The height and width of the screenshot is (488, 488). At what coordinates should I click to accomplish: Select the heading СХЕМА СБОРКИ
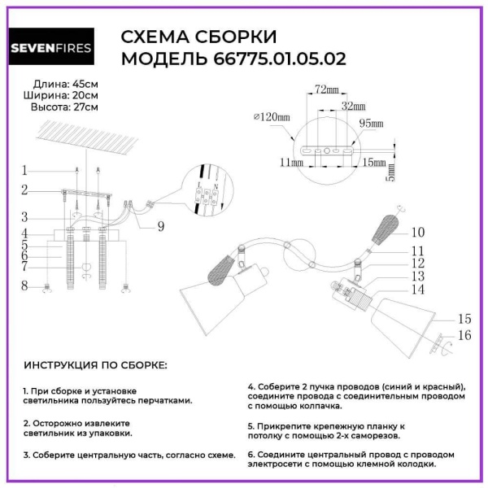pyautogui.click(x=198, y=37)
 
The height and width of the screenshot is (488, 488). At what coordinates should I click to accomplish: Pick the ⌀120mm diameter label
pyautogui.click(x=272, y=118)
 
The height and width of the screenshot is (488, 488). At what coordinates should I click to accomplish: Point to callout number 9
pyautogui.click(x=160, y=227)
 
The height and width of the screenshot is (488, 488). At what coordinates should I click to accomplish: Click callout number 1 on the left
pyautogui.click(x=25, y=171)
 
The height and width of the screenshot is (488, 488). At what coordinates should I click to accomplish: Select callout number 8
pyautogui.click(x=25, y=285)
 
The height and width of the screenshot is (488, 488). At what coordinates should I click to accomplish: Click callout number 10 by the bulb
pyautogui.click(x=418, y=232)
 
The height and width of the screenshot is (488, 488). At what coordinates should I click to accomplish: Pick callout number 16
pyautogui.click(x=464, y=334)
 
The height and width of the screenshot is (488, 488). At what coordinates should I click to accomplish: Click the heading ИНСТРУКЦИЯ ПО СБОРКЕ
pyautogui.click(x=95, y=365)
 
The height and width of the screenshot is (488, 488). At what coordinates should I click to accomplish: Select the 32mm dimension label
pyautogui.click(x=352, y=106)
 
